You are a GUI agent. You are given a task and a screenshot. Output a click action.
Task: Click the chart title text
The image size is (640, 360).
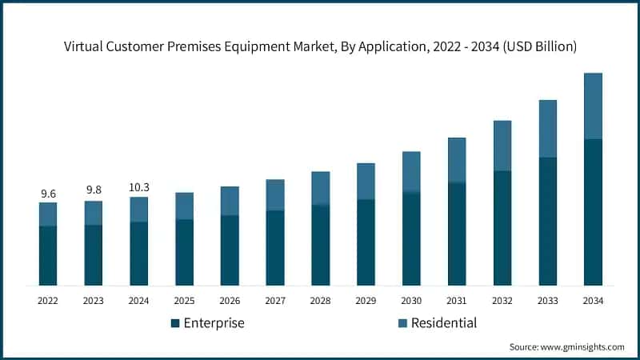pyautogui.click(x=320, y=46)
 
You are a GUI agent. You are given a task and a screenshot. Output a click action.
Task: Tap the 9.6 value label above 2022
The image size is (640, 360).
pyautogui.click(x=48, y=194)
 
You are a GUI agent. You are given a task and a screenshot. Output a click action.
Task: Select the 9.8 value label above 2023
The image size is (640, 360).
pyautogui.click(x=94, y=190)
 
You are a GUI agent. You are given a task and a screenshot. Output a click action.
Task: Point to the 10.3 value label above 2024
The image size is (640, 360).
pyautogui.click(x=139, y=187)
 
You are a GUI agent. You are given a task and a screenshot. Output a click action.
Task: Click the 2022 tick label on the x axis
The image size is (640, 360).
pyautogui.click(x=48, y=301)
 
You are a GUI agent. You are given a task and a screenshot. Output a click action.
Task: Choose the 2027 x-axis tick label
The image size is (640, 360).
pyautogui.click(x=275, y=301)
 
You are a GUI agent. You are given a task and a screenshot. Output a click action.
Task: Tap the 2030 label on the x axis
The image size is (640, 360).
pyautogui.click(x=411, y=301)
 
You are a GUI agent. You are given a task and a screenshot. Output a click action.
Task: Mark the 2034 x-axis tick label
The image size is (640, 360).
pyautogui.click(x=593, y=301)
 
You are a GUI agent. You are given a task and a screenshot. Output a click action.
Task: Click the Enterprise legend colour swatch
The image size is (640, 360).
pyautogui.click(x=174, y=323)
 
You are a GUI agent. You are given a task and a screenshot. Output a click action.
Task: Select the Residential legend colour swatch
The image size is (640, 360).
pyautogui.click(x=402, y=323)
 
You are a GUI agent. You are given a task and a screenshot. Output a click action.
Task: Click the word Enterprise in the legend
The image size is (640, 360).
pyautogui.click(x=214, y=323)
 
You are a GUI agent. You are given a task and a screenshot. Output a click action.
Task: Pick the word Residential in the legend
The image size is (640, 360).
pyautogui.click(x=443, y=323)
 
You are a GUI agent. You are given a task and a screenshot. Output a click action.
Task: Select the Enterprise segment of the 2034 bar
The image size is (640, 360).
pyautogui.click(x=593, y=212)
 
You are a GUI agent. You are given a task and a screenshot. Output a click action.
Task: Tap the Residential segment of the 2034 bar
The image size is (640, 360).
pyautogui.click(x=593, y=106)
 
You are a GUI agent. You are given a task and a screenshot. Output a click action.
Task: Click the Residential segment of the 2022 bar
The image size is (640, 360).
pyautogui.click(x=48, y=214)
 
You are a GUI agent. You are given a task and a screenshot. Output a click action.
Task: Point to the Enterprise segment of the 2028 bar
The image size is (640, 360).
pyautogui.click(x=321, y=245)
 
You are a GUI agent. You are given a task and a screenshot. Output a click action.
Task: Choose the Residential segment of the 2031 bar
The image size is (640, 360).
pyautogui.click(x=457, y=160)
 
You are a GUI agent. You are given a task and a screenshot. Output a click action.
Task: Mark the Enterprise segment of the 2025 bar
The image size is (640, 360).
pyautogui.click(x=185, y=252)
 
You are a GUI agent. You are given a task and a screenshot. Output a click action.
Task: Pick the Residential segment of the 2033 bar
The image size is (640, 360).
pyautogui.click(x=547, y=128)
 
